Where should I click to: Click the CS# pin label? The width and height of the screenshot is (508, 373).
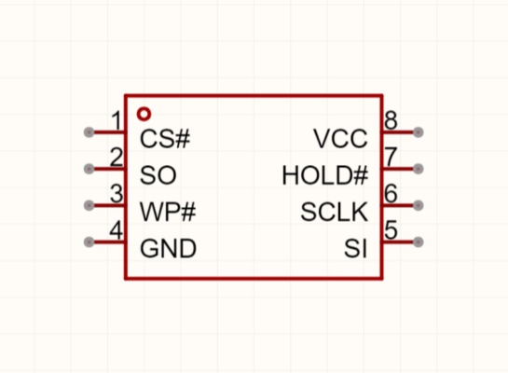click(165, 139)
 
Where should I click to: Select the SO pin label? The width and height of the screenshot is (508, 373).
click(158, 175)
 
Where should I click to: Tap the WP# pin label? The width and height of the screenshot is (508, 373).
click(168, 212)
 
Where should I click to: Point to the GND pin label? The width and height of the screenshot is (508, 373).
click(168, 249)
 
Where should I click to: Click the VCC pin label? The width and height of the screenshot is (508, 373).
click(340, 139)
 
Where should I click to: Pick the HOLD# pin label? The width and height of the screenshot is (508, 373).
click(325, 175)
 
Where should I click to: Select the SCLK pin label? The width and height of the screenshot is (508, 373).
click(335, 212)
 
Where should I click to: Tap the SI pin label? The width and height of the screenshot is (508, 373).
click(356, 249)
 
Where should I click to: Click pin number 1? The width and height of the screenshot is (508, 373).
click(117, 120)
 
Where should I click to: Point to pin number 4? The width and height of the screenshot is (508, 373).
click(117, 230)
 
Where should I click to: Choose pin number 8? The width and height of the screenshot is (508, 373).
click(391, 120)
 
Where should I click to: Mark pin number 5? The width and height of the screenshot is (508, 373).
click(391, 230)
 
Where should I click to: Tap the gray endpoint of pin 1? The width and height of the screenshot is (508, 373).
click(89, 132)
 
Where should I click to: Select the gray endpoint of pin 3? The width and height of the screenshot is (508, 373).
click(89, 205)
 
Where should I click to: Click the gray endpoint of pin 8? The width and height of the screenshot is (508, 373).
click(419, 132)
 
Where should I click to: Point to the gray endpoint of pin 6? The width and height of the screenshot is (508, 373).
click(419, 205)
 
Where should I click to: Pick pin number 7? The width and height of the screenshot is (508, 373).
click(391, 158)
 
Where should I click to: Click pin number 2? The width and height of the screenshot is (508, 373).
click(117, 158)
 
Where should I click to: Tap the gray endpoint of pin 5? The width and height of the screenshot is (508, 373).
click(419, 242)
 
